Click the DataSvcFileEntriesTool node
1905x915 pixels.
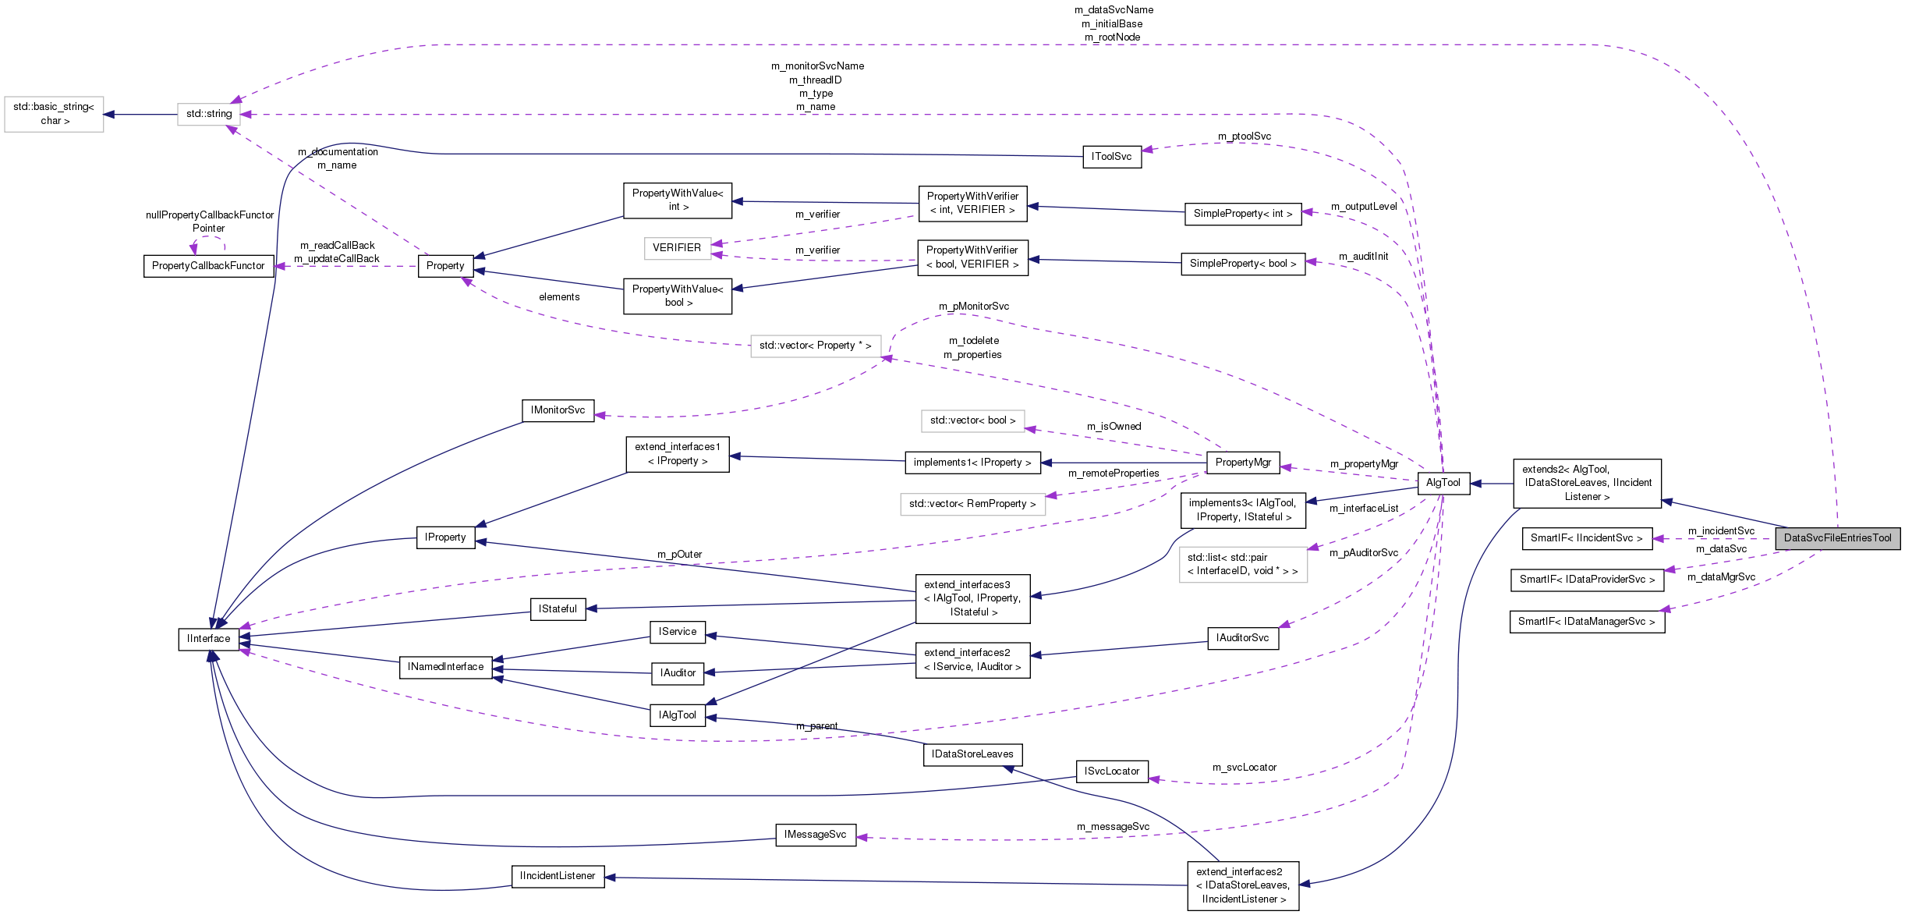pos(1836,538)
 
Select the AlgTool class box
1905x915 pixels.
pos(1443,483)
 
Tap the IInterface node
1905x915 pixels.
pos(208,639)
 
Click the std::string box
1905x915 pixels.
pos(208,114)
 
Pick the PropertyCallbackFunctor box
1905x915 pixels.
pos(208,266)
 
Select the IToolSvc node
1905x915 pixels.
pos(1111,157)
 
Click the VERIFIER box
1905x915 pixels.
pos(677,248)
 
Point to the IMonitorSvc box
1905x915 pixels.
pos(558,410)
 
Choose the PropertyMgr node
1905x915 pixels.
pos(1242,463)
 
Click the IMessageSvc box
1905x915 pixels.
pos(815,835)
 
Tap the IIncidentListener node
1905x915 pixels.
pos(558,876)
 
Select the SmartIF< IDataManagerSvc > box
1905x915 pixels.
pos(1587,622)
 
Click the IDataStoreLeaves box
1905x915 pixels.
pos(972,754)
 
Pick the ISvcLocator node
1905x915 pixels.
pos(1111,771)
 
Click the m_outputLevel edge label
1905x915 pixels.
pos(1363,207)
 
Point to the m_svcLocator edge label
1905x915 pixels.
pos(1244,768)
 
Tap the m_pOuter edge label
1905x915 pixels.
pos(679,555)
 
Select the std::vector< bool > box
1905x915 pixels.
pos(972,420)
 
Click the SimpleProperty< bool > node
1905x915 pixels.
pos(1242,264)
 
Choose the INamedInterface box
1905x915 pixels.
pos(445,667)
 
